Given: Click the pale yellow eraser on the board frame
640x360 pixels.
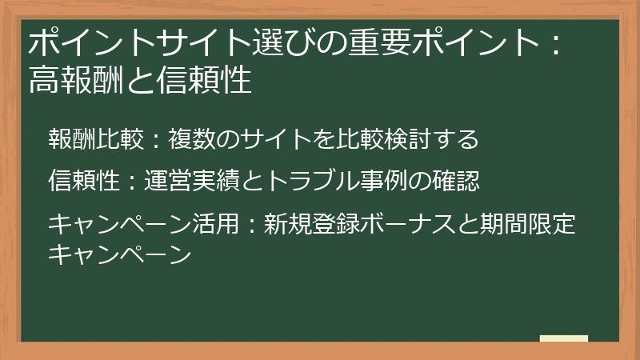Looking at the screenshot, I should (563, 338).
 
